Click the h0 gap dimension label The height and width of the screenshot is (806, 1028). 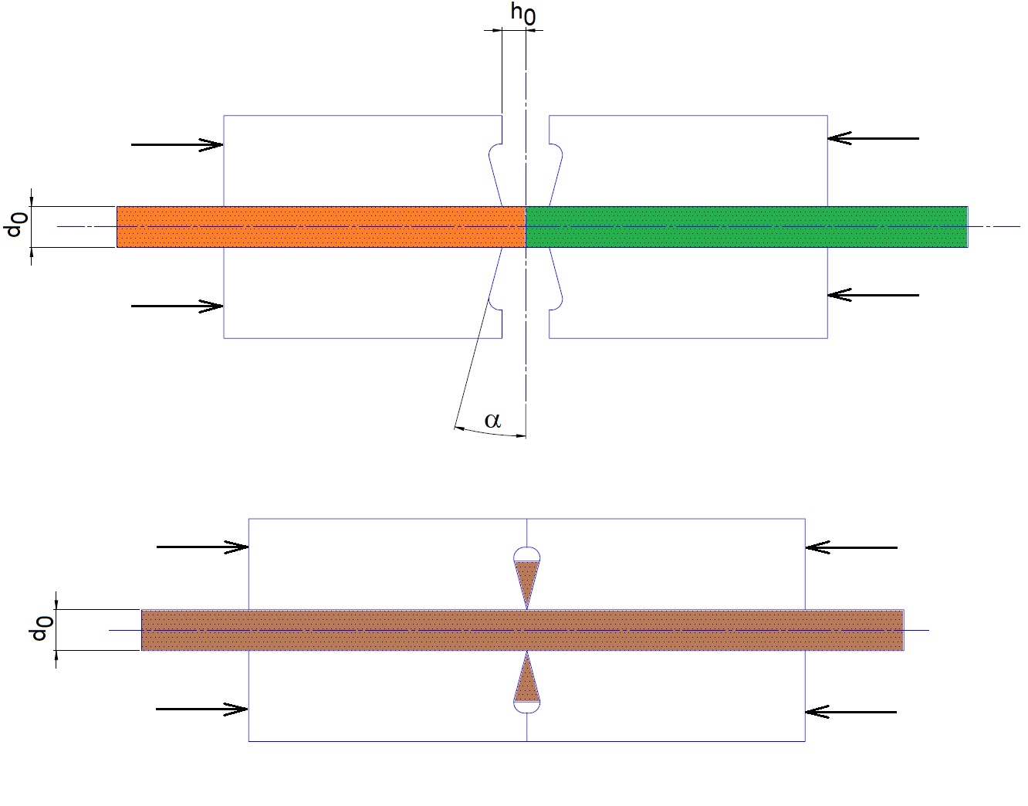click(522, 13)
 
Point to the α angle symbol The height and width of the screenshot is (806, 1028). click(492, 420)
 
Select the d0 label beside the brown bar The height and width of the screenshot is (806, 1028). click(41, 628)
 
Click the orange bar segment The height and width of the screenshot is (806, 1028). click(320, 226)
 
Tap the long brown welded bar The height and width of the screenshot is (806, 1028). click(522, 630)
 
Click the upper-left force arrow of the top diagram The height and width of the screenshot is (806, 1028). click(177, 144)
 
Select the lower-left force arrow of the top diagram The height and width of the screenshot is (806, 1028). click(177, 306)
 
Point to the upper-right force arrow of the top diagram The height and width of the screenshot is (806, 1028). click(873, 138)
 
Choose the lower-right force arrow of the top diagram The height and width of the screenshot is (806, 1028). click(873, 295)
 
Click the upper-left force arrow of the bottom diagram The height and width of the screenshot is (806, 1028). click(202, 547)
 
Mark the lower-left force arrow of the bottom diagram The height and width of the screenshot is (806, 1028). click(201, 709)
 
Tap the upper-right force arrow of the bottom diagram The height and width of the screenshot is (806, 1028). click(851, 547)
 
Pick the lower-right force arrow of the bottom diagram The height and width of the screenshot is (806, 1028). click(850, 712)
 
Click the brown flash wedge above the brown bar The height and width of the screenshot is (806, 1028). click(527, 579)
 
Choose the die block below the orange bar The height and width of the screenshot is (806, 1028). click(355, 293)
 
